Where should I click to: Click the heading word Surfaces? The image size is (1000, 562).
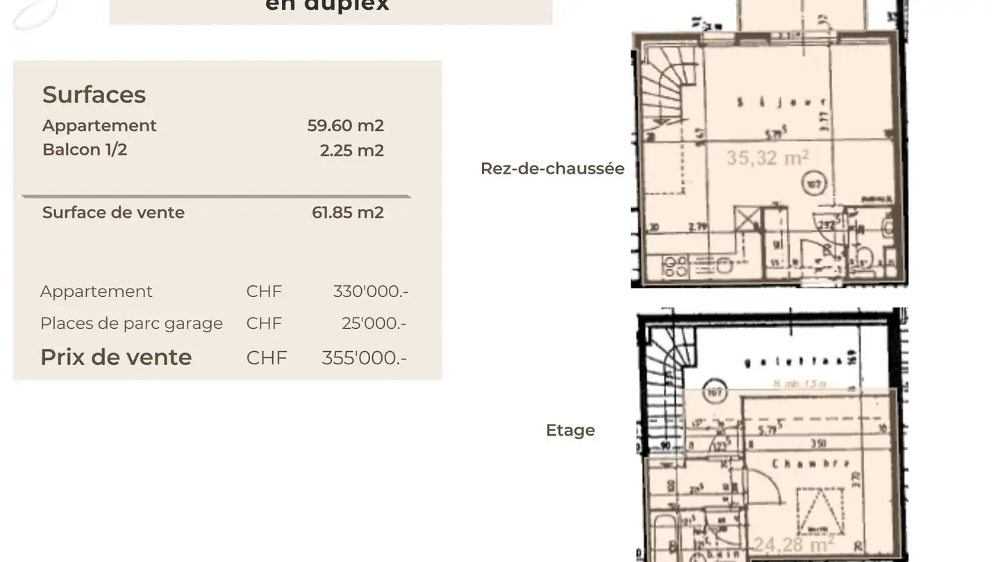tap(94, 94)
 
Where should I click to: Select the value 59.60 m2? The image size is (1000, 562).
tap(345, 126)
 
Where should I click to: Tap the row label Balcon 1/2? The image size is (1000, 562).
tap(85, 150)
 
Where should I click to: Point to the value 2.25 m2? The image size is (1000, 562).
tap(351, 151)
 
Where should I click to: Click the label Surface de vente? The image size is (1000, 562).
tap(113, 212)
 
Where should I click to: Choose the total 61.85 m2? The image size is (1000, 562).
tap(347, 212)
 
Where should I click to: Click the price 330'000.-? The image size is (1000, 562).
tap(370, 291)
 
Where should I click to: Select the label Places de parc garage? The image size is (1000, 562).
tap(131, 323)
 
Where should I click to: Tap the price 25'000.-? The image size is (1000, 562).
tap(374, 323)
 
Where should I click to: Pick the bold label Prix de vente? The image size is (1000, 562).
tap(116, 357)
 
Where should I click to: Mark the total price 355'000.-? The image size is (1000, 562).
tap(364, 358)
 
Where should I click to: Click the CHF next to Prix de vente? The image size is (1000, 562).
tap(266, 358)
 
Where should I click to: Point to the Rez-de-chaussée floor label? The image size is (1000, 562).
tap(552, 169)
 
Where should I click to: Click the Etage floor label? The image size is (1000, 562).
tap(570, 430)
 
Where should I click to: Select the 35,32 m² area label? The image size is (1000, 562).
tap(767, 158)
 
